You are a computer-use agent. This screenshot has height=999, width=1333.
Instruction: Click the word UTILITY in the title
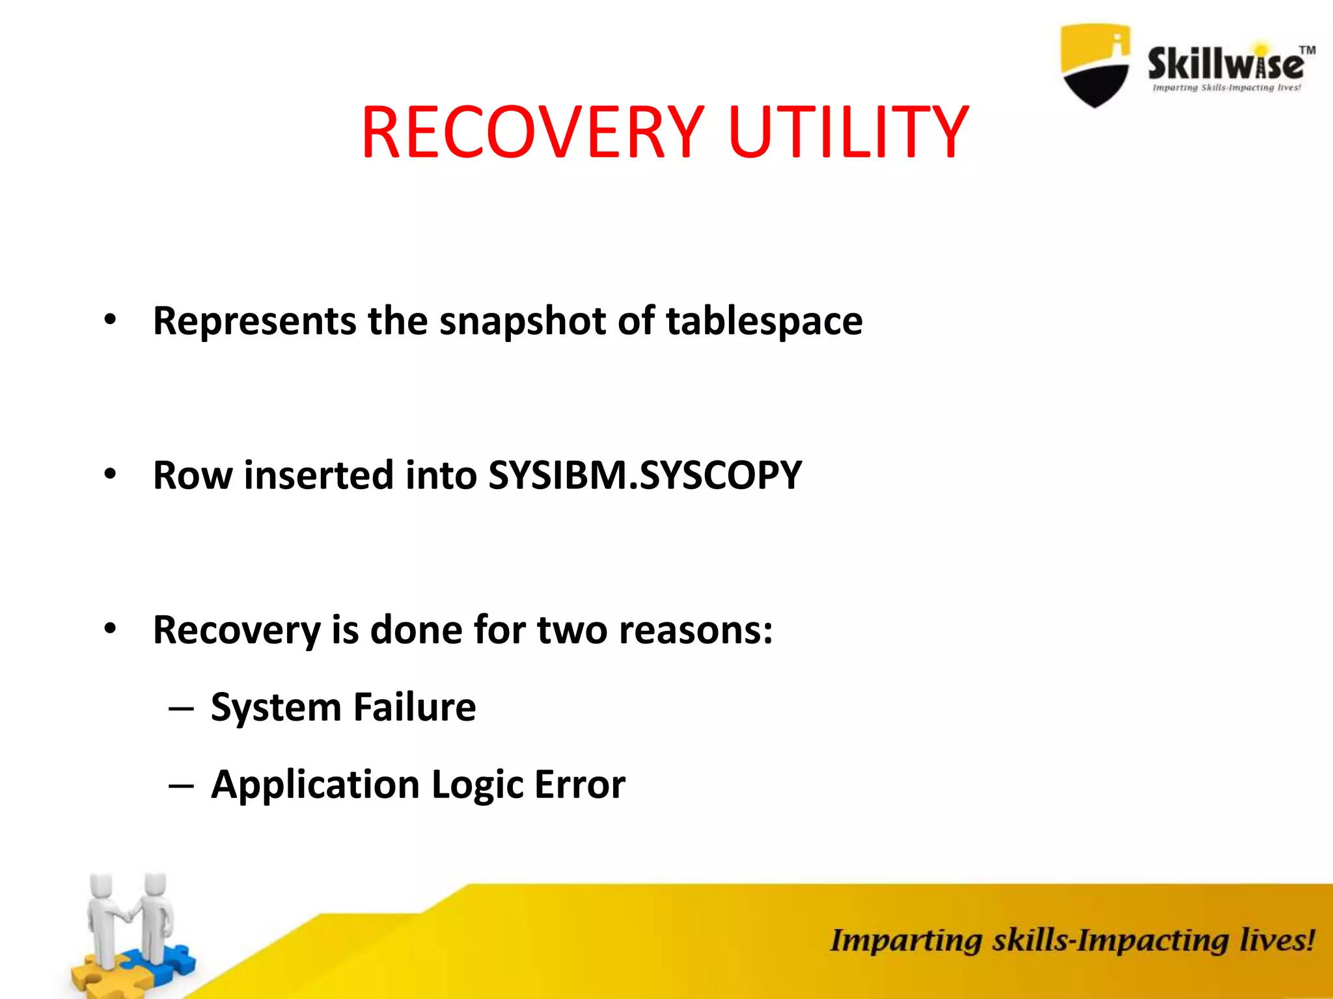[x=849, y=133]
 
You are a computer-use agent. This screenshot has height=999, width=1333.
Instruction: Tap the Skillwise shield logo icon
[x=1095, y=65]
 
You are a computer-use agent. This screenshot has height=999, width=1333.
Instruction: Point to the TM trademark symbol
[x=1307, y=51]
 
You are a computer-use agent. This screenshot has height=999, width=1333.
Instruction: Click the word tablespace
[x=764, y=321]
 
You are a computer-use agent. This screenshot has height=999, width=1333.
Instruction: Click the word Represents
[x=254, y=321]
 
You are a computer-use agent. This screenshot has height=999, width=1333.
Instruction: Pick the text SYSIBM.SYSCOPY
[x=644, y=475]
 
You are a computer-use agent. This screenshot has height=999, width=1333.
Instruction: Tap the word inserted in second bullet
[x=318, y=475]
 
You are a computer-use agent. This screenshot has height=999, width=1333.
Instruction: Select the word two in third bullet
[x=572, y=630]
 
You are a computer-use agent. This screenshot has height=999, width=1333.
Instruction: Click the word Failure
[x=415, y=707]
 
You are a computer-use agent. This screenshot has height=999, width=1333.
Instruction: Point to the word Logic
[x=476, y=785]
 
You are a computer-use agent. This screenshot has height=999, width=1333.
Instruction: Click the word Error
[x=579, y=785]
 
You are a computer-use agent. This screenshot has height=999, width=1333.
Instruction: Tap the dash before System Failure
[x=180, y=708]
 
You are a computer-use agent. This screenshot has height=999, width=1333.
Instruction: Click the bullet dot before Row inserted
[x=110, y=474]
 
